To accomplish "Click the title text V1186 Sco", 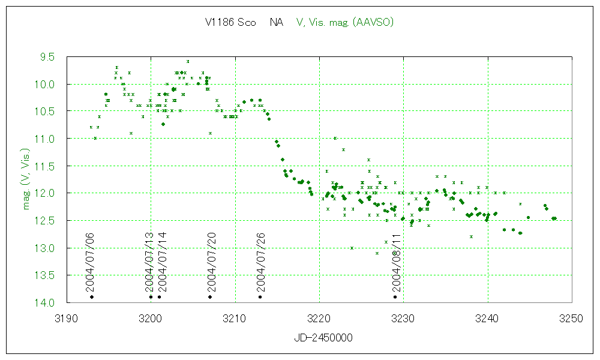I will (230, 23).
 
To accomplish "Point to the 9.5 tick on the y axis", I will (47, 57).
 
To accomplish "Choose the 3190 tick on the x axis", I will (67, 318).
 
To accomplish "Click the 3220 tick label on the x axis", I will (319, 318).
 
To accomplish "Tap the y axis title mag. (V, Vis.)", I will (26, 179).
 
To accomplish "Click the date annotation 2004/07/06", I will (92, 261).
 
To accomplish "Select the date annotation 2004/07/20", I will (210, 261).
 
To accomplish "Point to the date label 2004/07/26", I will (260, 261).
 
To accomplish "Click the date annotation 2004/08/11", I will (395, 261).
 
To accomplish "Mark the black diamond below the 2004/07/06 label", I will (92, 297).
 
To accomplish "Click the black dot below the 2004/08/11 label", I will (395, 297).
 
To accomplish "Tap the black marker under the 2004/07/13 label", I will (151, 297).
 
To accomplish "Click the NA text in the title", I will (277, 23).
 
